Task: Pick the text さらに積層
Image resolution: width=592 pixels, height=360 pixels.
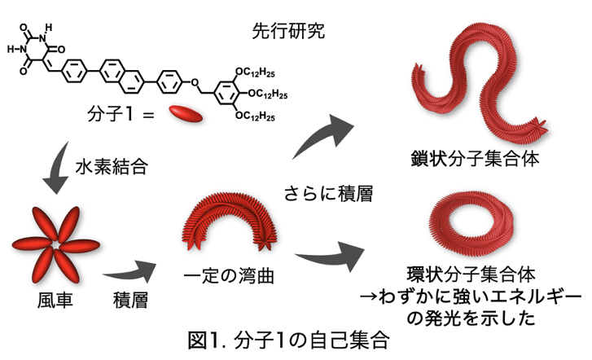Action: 329,192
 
